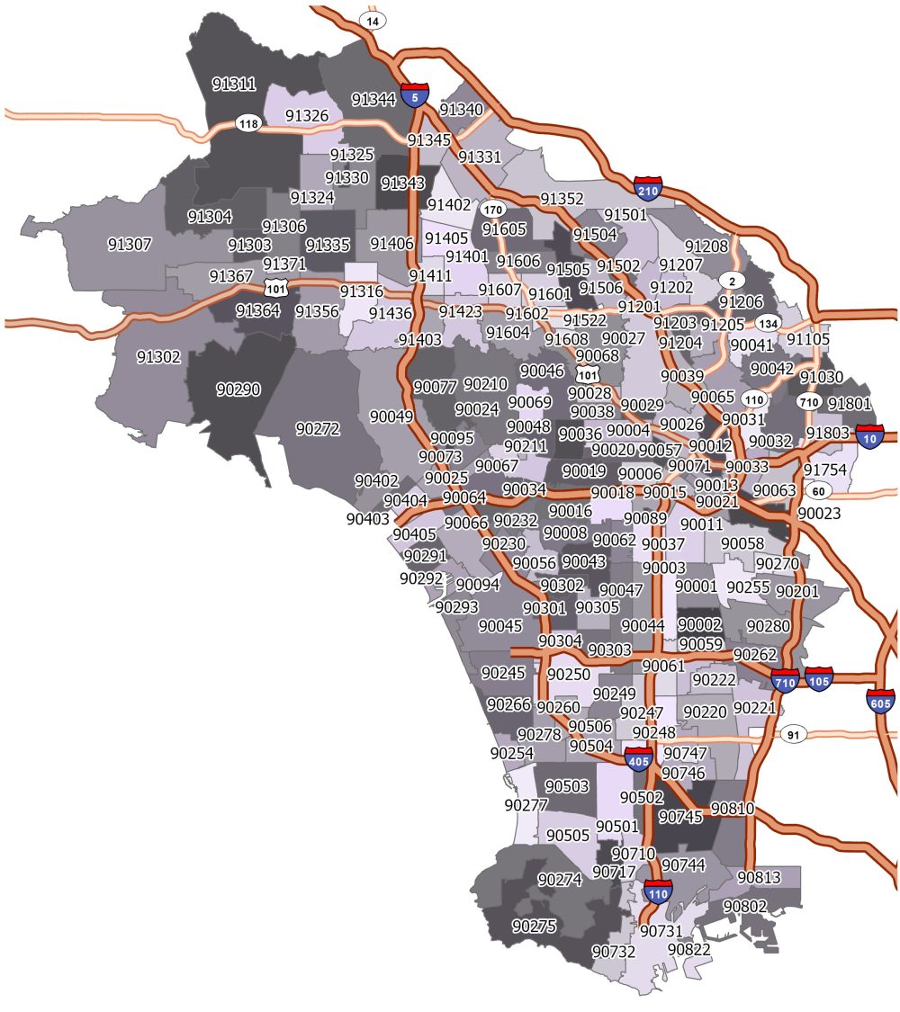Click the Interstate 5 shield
pyautogui.click(x=415, y=94)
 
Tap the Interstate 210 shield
pyautogui.click(x=648, y=188)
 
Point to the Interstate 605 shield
pyautogui.click(x=880, y=700)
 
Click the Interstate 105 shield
pyautogui.click(x=818, y=679)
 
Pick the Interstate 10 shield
pyautogui.click(x=869, y=436)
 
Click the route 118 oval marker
pyautogui.click(x=247, y=122)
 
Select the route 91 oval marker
pyautogui.click(x=792, y=735)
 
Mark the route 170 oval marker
pyautogui.click(x=491, y=209)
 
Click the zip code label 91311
pyautogui.click(x=234, y=85)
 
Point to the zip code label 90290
pyautogui.click(x=238, y=390)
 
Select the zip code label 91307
pyautogui.click(x=130, y=244)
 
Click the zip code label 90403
pyautogui.click(x=367, y=519)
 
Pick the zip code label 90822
pyautogui.click(x=689, y=949)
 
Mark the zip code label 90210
pyautogui.click(x=486, y=384)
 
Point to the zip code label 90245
pyautogui.click(x=503, y=672)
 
